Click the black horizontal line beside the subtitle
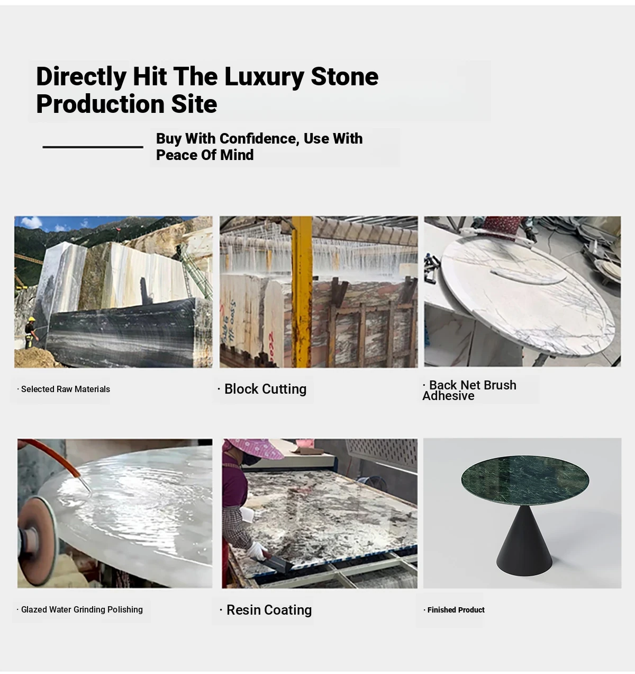93,147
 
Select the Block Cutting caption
262,389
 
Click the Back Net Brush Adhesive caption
469,391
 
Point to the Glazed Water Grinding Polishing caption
80,609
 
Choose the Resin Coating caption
266,610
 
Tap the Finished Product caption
454,610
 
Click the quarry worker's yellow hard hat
32,319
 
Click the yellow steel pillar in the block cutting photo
301,292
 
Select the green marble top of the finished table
525,480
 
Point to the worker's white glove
258,551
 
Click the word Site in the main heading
194,104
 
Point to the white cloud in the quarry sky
31,223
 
